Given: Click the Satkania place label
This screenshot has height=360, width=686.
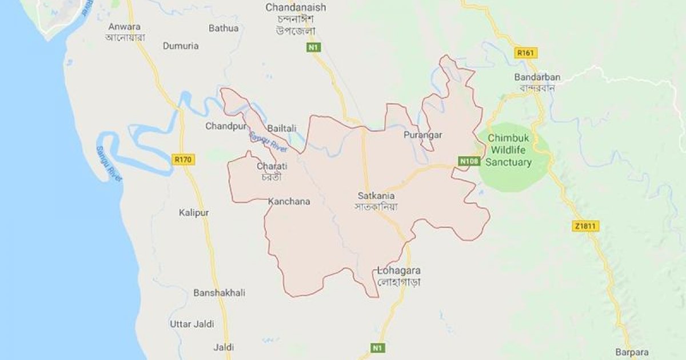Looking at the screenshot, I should pos(376,195).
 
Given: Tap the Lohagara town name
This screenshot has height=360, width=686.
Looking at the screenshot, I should pos(399,270).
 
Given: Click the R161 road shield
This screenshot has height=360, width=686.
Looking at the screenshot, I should pos(526,53).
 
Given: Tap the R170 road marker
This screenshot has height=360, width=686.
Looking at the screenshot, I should pos(183,159).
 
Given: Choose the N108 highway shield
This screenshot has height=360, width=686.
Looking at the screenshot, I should pos(469,162).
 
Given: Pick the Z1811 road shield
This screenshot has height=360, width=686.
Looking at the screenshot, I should pos(584,226).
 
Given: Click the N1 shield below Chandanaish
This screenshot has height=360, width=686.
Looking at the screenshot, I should pos(313,47).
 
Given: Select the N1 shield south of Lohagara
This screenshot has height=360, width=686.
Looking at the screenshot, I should pos(376,347).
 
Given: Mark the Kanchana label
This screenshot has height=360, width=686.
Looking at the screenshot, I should pos(289,201).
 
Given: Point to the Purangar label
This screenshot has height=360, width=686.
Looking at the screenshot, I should pos(423,135).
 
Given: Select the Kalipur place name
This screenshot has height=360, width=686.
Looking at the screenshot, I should pos(193,213).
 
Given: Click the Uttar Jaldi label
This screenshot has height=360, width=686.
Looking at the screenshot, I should pos(192,324).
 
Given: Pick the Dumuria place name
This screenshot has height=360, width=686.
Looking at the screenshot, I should pos(181,46).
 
